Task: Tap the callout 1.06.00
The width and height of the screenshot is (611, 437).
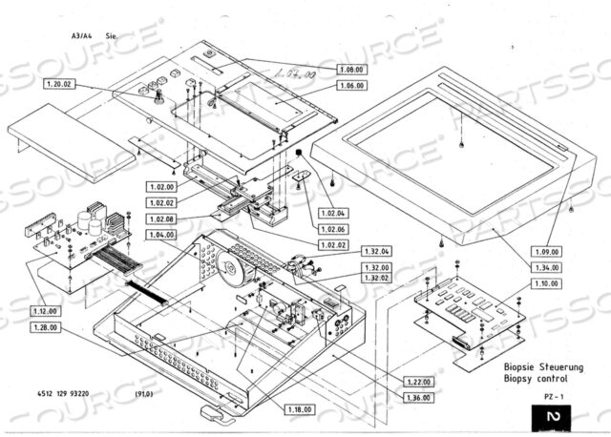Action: click(x=352, y=86)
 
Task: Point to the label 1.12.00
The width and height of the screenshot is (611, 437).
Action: click(x=43, y=311)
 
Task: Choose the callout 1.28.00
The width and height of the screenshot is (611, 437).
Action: click(x=43, y=327)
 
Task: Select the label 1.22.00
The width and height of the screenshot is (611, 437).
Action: click(x=416, y=381)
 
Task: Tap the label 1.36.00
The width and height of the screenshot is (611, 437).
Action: click(x=416, y=397)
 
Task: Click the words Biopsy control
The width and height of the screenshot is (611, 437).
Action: click(x=537, y=378)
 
